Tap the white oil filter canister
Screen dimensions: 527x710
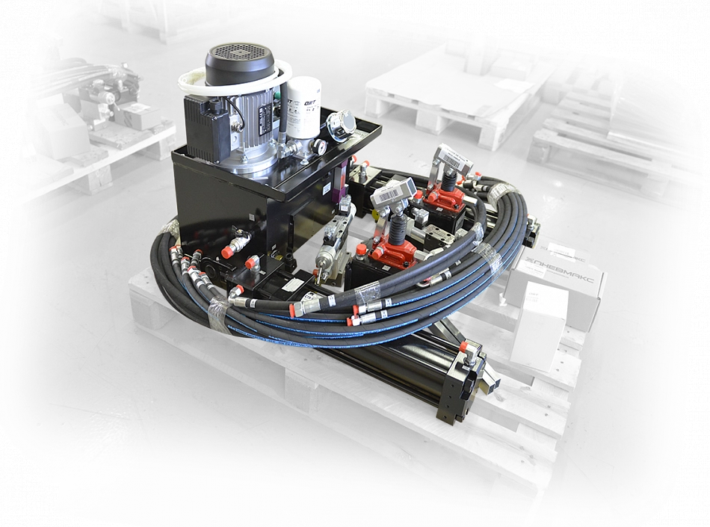coord(304,108)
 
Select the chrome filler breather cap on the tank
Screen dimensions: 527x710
coord(342,125)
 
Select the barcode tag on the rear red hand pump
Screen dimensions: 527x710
coord(454,159)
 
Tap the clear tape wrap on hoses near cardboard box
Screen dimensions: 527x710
coord(489,256)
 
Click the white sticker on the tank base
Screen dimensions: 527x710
coord(294,285)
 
